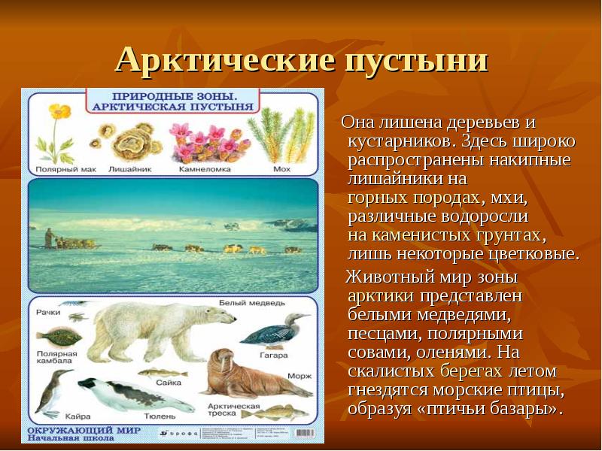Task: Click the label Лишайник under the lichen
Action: tap(126, 169)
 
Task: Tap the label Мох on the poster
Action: tap(282, 169)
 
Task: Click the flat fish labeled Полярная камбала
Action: tap(57, 334)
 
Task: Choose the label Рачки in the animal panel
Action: tap(48, 311)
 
